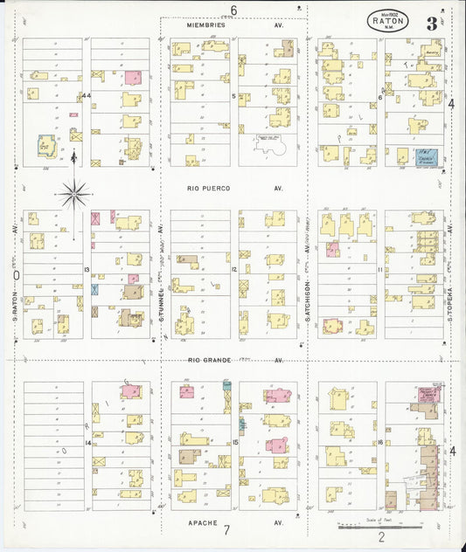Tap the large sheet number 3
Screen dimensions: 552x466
pyautogui.click(x=432, y=23)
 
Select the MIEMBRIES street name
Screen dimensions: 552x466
pyautogui.click(x=207, y=25)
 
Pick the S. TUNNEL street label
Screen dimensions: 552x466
pyautogui.click(x=163, y=288)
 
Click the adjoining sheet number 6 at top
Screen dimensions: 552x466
pyautogui.click(x=233, y=10)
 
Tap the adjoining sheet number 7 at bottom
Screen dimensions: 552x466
pyautogui.click(x=226, y=530)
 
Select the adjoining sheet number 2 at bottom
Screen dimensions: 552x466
pyautogui.click(x=381, y=539)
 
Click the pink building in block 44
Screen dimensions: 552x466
pyautogui.click(x=132, y=78)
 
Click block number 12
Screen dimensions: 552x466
pyautogui.click(x=234, y=269)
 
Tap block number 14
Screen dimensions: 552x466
pyautogui.click(x=88, y=443)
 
